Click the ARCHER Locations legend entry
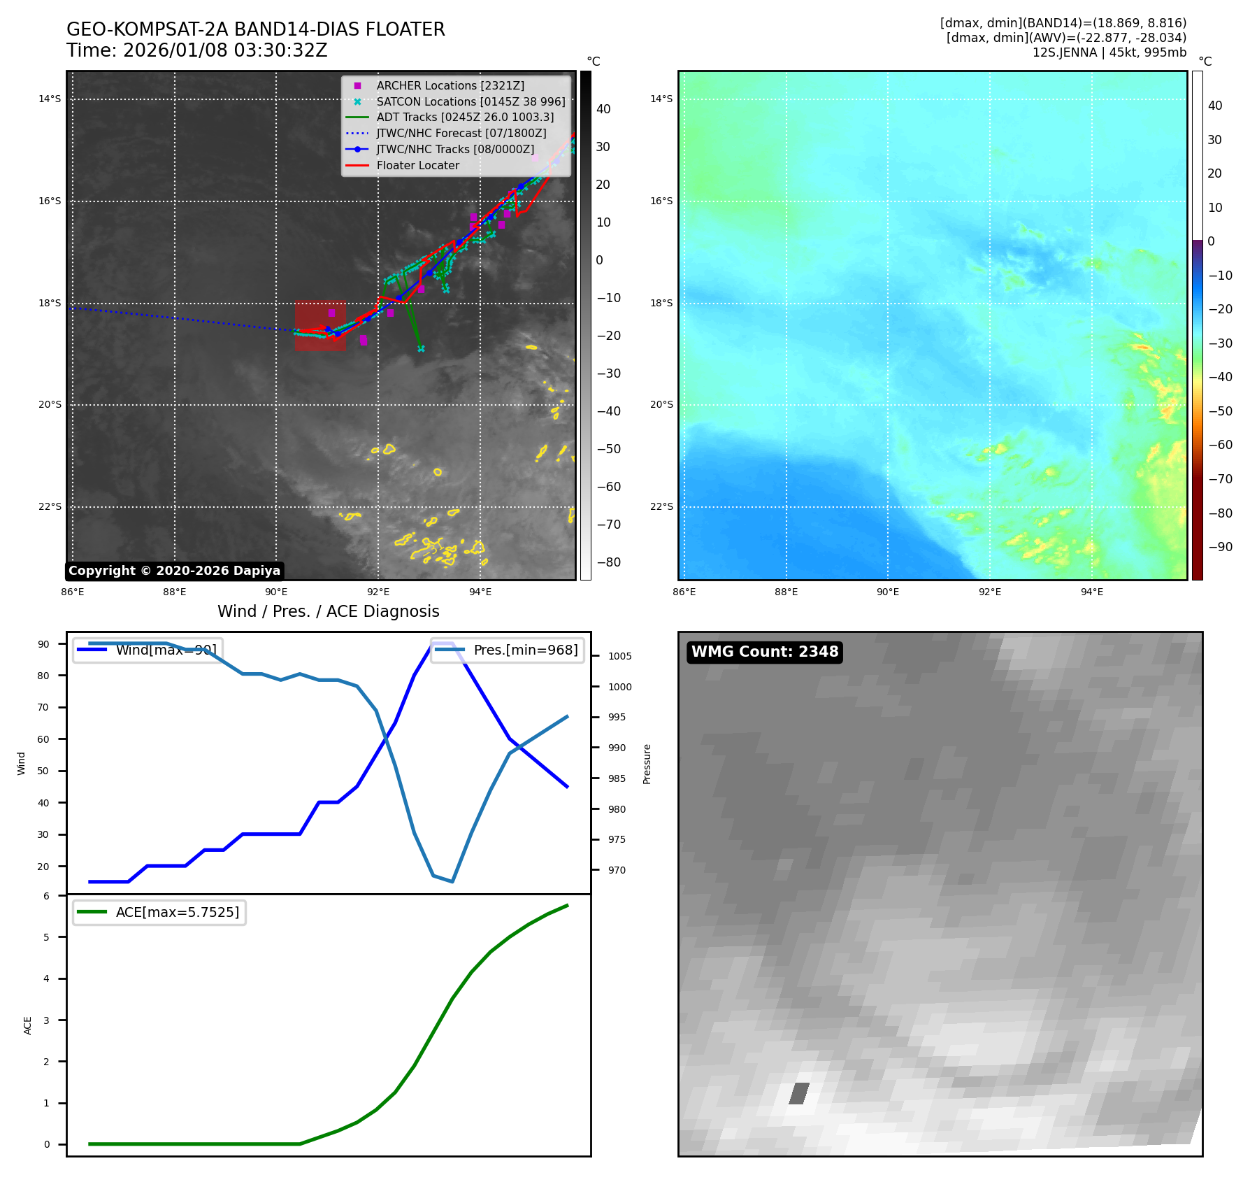tap(450, 85)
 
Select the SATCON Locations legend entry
tap(470, 101)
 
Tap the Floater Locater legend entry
tap(417, 166)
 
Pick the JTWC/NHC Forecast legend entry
tap(461, 134)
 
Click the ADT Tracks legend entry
tap(465, 118)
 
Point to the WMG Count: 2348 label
tap(765, 652)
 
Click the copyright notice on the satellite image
tap(174, 571)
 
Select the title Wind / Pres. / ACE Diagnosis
tap(329, 611)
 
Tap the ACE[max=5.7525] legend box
tap(159, 912)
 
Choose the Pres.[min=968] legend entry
tap(508, 650)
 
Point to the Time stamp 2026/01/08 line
tap(196, 50)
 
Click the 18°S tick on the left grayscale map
tap(50, 304)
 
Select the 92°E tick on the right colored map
tap(989, 592)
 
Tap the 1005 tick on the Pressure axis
tap(619, 656)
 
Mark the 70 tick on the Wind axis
tap(43, 707)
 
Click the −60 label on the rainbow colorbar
tap(1221, 445)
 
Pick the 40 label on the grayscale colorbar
tap(603, 109)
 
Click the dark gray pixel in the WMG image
tap(799, 1093)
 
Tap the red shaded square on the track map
tap(320, 326)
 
